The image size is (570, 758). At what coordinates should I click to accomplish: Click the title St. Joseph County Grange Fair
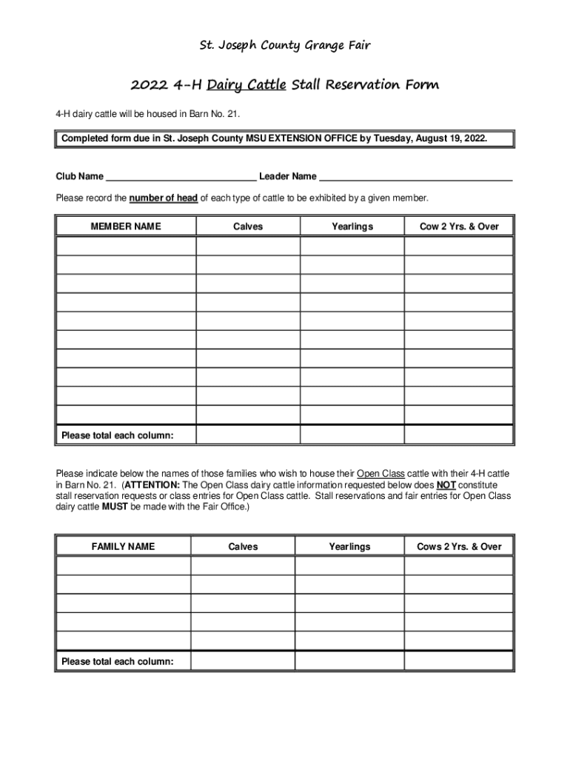pos(286,46)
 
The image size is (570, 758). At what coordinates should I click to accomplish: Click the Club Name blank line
pos(181,177)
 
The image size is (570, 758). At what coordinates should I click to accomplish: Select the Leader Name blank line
pos(415,177)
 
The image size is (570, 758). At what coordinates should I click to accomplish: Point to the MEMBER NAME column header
pos(126,227)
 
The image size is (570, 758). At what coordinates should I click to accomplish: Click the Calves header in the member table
pos(248,227)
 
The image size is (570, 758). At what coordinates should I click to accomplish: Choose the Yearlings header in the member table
pos(352,227)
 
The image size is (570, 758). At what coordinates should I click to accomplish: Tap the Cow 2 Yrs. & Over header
pos(459,227)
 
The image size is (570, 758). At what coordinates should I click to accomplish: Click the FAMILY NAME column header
pos(123,546)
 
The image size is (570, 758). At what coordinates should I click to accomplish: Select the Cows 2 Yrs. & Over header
pos(459,546)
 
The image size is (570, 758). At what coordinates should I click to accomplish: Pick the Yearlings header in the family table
pos(349,546)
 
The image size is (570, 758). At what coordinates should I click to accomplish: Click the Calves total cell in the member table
pos(248,435)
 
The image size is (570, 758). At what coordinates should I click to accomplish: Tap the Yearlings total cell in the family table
pos(349,661)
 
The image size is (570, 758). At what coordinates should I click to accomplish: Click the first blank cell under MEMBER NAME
pos(126,246)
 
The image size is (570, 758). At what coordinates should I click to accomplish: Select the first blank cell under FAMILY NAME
pos(123,566)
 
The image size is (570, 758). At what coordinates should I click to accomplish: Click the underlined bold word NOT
pos(446,485)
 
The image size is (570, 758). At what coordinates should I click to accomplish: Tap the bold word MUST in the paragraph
pos(115,507)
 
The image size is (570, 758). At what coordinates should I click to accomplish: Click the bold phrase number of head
pos(164,198)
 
